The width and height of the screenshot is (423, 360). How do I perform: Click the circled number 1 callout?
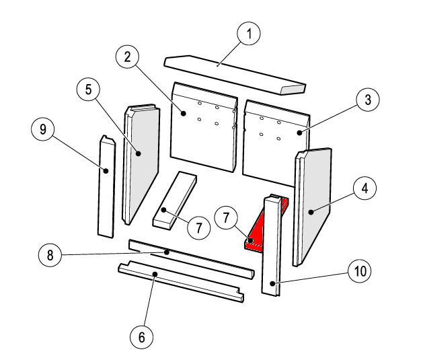[x=249, y=34]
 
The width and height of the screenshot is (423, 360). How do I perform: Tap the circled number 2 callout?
[x=127, y=57]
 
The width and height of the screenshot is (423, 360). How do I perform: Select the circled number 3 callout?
[x=368, y=100]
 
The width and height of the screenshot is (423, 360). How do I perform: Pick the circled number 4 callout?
[x=364, y=188]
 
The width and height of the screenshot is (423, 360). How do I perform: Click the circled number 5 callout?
[x=88, y=89]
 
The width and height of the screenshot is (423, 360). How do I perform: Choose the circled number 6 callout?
[x=142, y=337]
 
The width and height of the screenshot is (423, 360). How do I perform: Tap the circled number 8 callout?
[x=50, y=255]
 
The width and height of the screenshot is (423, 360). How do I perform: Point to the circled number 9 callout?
[x=43, y=129]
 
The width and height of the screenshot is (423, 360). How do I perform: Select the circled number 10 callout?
[x=360, y=271]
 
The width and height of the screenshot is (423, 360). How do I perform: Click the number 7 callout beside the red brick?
[x=226, y=217]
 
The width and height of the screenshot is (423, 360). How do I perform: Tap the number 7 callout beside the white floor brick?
[x=199, y=227]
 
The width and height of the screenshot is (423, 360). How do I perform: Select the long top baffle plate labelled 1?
[x=235, y=75]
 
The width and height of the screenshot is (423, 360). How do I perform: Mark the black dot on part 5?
[x=139, y=153]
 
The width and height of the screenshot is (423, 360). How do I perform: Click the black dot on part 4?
[x=311, y=212]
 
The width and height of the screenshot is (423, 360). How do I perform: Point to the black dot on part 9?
[x=106, y=171]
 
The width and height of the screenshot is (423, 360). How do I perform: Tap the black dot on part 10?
[x=273, y=283]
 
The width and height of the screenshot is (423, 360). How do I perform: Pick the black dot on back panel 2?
[x=184, y=113]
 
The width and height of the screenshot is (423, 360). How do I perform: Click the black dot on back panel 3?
[x=299, y=133]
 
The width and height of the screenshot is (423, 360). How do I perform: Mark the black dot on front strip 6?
[x=155, y=274]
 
